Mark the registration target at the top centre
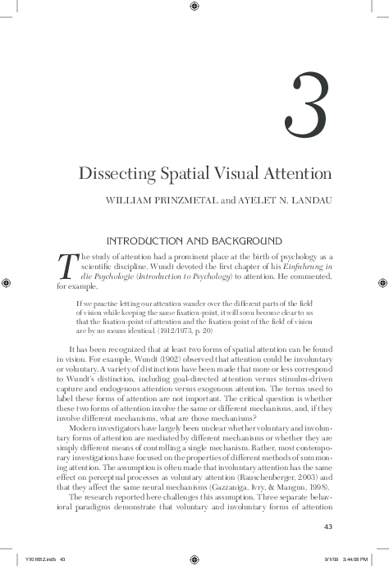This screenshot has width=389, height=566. pyautogui.click(x=194, y=7)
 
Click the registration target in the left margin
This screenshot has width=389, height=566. pyautogui.click(x=7, y=283)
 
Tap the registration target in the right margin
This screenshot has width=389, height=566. pyautogui.click(x=382, y=283)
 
